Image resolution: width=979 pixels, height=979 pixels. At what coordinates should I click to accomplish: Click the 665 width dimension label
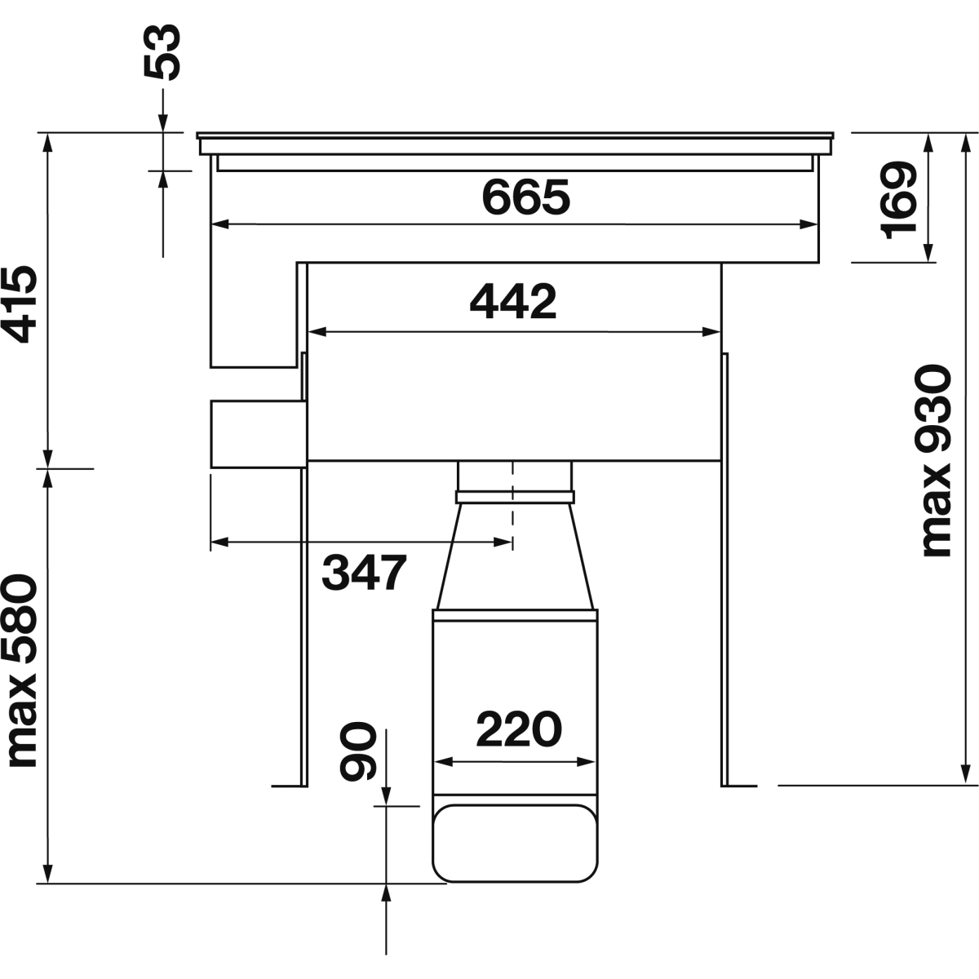coord(526,197)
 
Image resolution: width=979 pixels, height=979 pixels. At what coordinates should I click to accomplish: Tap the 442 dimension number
coord(513,302)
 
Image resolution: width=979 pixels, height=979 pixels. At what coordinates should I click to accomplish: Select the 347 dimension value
coord(364,572)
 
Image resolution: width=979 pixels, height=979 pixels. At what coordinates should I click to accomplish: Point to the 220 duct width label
coord(519,729)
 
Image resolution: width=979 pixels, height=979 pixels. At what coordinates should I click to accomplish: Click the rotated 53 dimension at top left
coord(162,52)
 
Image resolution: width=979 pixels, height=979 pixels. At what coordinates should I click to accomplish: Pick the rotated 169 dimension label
coord(898,200)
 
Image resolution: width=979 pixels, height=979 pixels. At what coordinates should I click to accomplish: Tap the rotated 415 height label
coord(20,303)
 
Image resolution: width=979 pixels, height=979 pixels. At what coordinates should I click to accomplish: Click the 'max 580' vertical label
coord(20,670)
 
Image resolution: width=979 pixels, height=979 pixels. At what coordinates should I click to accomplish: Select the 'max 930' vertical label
coord(935,460)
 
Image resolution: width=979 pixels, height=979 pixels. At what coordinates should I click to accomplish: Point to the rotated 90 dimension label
coord(358,751)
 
